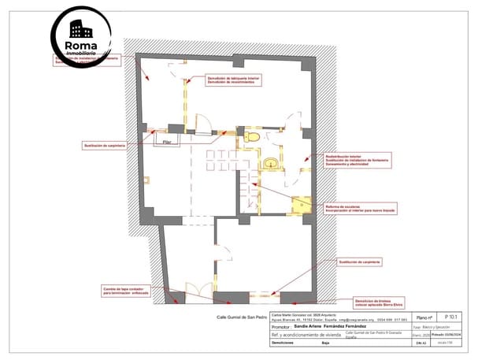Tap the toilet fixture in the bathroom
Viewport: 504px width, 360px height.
pyautogui.click(x=253, y=138)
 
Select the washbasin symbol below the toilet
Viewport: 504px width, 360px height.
pyautogui.click(x=271, y=164)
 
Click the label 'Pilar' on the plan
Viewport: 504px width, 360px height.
pyautogui.click(x=168, y=142)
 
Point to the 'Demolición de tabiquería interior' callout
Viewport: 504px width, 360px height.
pyautogui.click(x=235, y=80)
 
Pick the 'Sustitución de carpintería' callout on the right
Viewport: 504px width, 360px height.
pyautogui.click(x=360, y=261)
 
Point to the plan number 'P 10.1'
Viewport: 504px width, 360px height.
pyautogui.click(x=450, y=316)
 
